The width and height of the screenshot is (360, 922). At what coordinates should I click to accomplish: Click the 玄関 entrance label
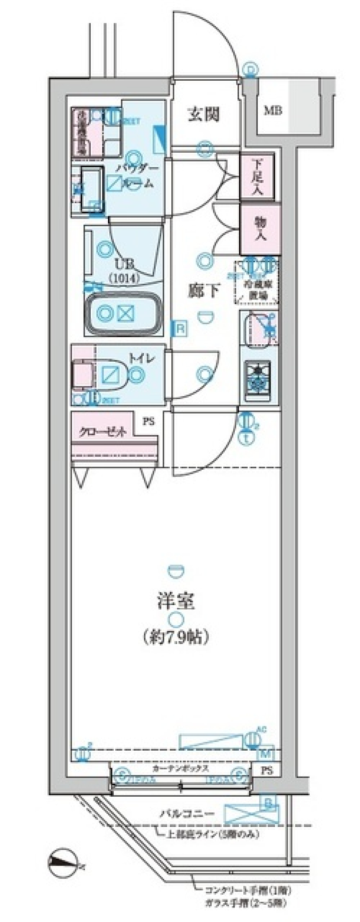coord(203,114)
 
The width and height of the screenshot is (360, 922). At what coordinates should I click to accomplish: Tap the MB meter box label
coord(273,111)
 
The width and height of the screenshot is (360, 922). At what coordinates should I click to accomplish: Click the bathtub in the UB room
coord(124,313)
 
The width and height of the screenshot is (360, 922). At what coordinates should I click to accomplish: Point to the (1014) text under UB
coord(124,278)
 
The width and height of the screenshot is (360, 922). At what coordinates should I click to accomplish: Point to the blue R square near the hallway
coord(180,329)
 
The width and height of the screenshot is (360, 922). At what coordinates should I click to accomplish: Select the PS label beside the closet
coord(148,422)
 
